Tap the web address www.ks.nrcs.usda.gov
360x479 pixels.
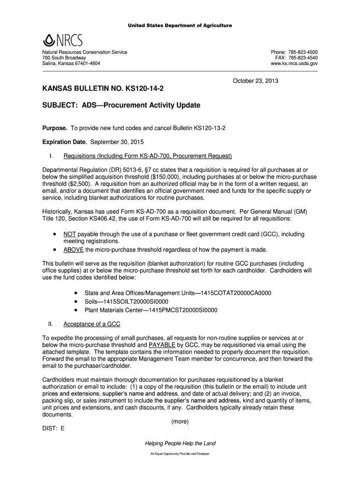[x=294, y=64]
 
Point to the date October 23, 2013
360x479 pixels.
[x=256, y=81]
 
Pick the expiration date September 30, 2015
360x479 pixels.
[x=117, y=141]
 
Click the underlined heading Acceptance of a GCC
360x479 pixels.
[x=92, y=323]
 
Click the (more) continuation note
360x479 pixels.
[x=180, y=421]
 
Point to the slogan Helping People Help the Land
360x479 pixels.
[x=180, y=443]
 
